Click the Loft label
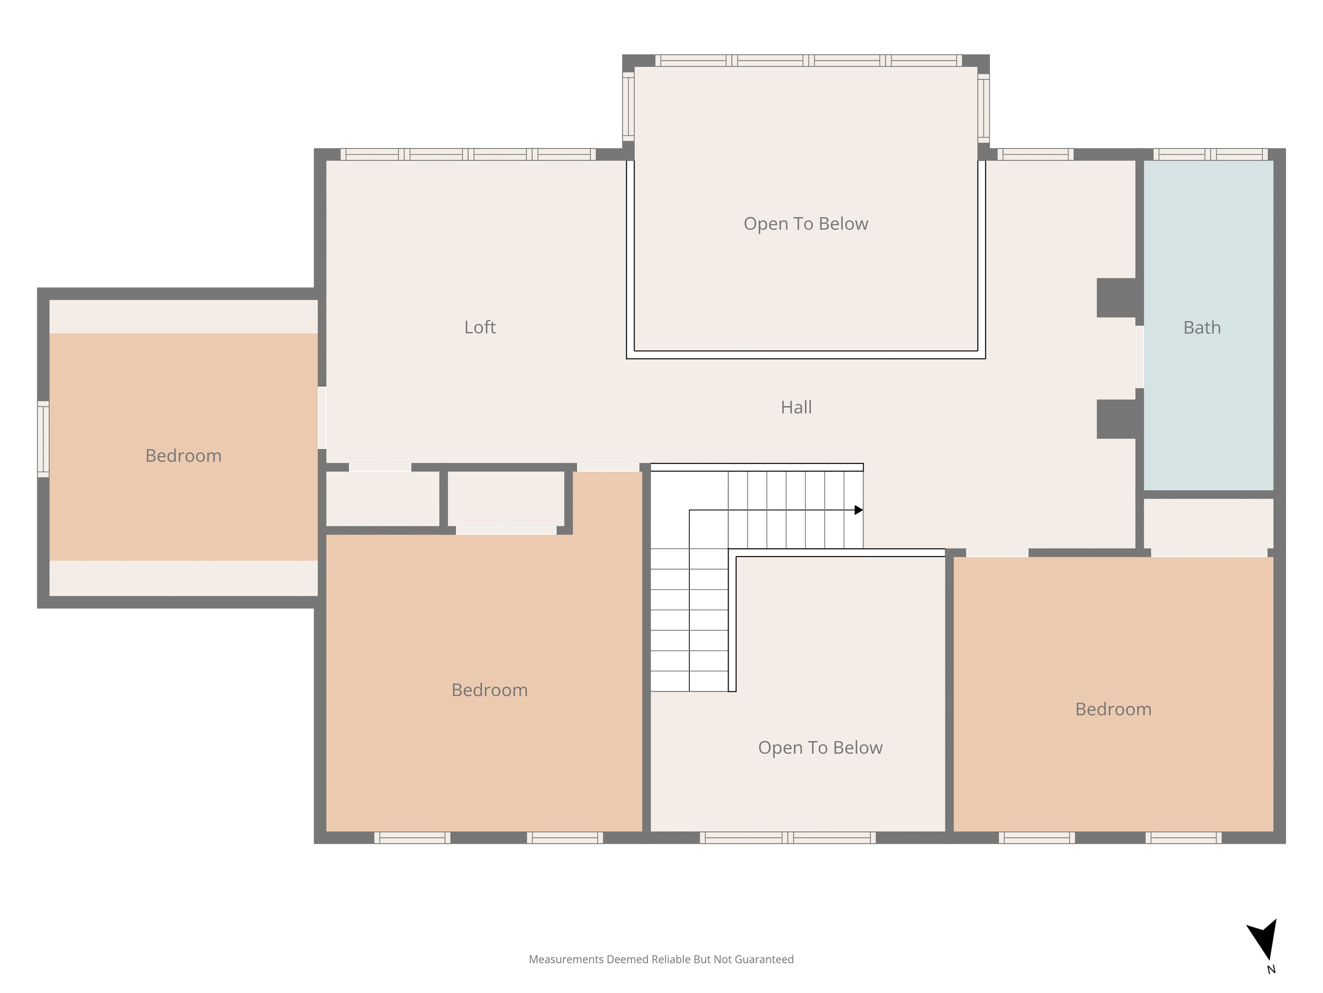click(x=480, y=327)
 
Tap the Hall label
click(x=796, y=407)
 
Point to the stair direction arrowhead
click(x=859, y=510)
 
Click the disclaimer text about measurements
click(x=661, y=959)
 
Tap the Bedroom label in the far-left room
click(x=183, y=455)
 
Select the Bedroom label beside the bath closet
click(x=1113, y=709)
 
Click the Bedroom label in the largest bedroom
click(x=489, y=690)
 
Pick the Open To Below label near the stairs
click(x=820, y=748)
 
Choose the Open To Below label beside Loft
click(x=805, y=224)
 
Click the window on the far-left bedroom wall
click(x=43, y=439)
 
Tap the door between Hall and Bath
click(x=1139, y=357)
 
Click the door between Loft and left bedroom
click(x=322, y=417)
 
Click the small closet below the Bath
click(x=1208, y=523)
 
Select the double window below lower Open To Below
click(x=788, y=837)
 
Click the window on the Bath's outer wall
click(x=1211, y=154)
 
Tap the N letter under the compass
click(x=1271, y=969)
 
